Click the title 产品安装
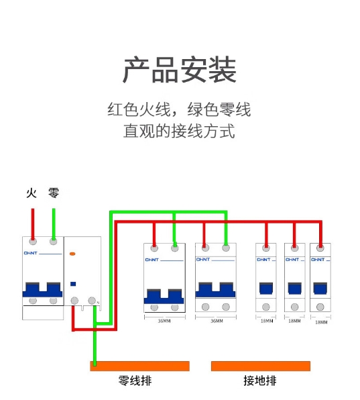click(x=180, y=70)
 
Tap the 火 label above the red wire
click(x=32, y=193)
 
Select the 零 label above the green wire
click(x=54, y=193)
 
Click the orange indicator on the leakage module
click(x=72, y=254)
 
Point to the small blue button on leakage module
click(x=73, y=284)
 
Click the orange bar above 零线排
click(x=139, y=366)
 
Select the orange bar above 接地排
click(x=261, y=366)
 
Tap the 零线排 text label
click(x=135, y=381)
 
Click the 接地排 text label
click(x=260, y=381)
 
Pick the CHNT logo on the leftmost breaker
click(x=31, y=253)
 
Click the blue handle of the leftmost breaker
click(x=42, y=289)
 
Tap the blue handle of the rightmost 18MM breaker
click(x=320, y=289)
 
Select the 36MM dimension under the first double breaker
click(x=164, y=321)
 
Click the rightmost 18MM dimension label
click(x=321, y=322)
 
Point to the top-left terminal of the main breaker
click(x=33, y=241)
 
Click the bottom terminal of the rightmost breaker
click(x=320, y=307)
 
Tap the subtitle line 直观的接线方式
click(x=179, y=131)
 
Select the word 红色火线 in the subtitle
click(x=139, y=109)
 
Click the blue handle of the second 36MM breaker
click(x=216, y=290)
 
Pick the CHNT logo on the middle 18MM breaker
click(x=292, y=260)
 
